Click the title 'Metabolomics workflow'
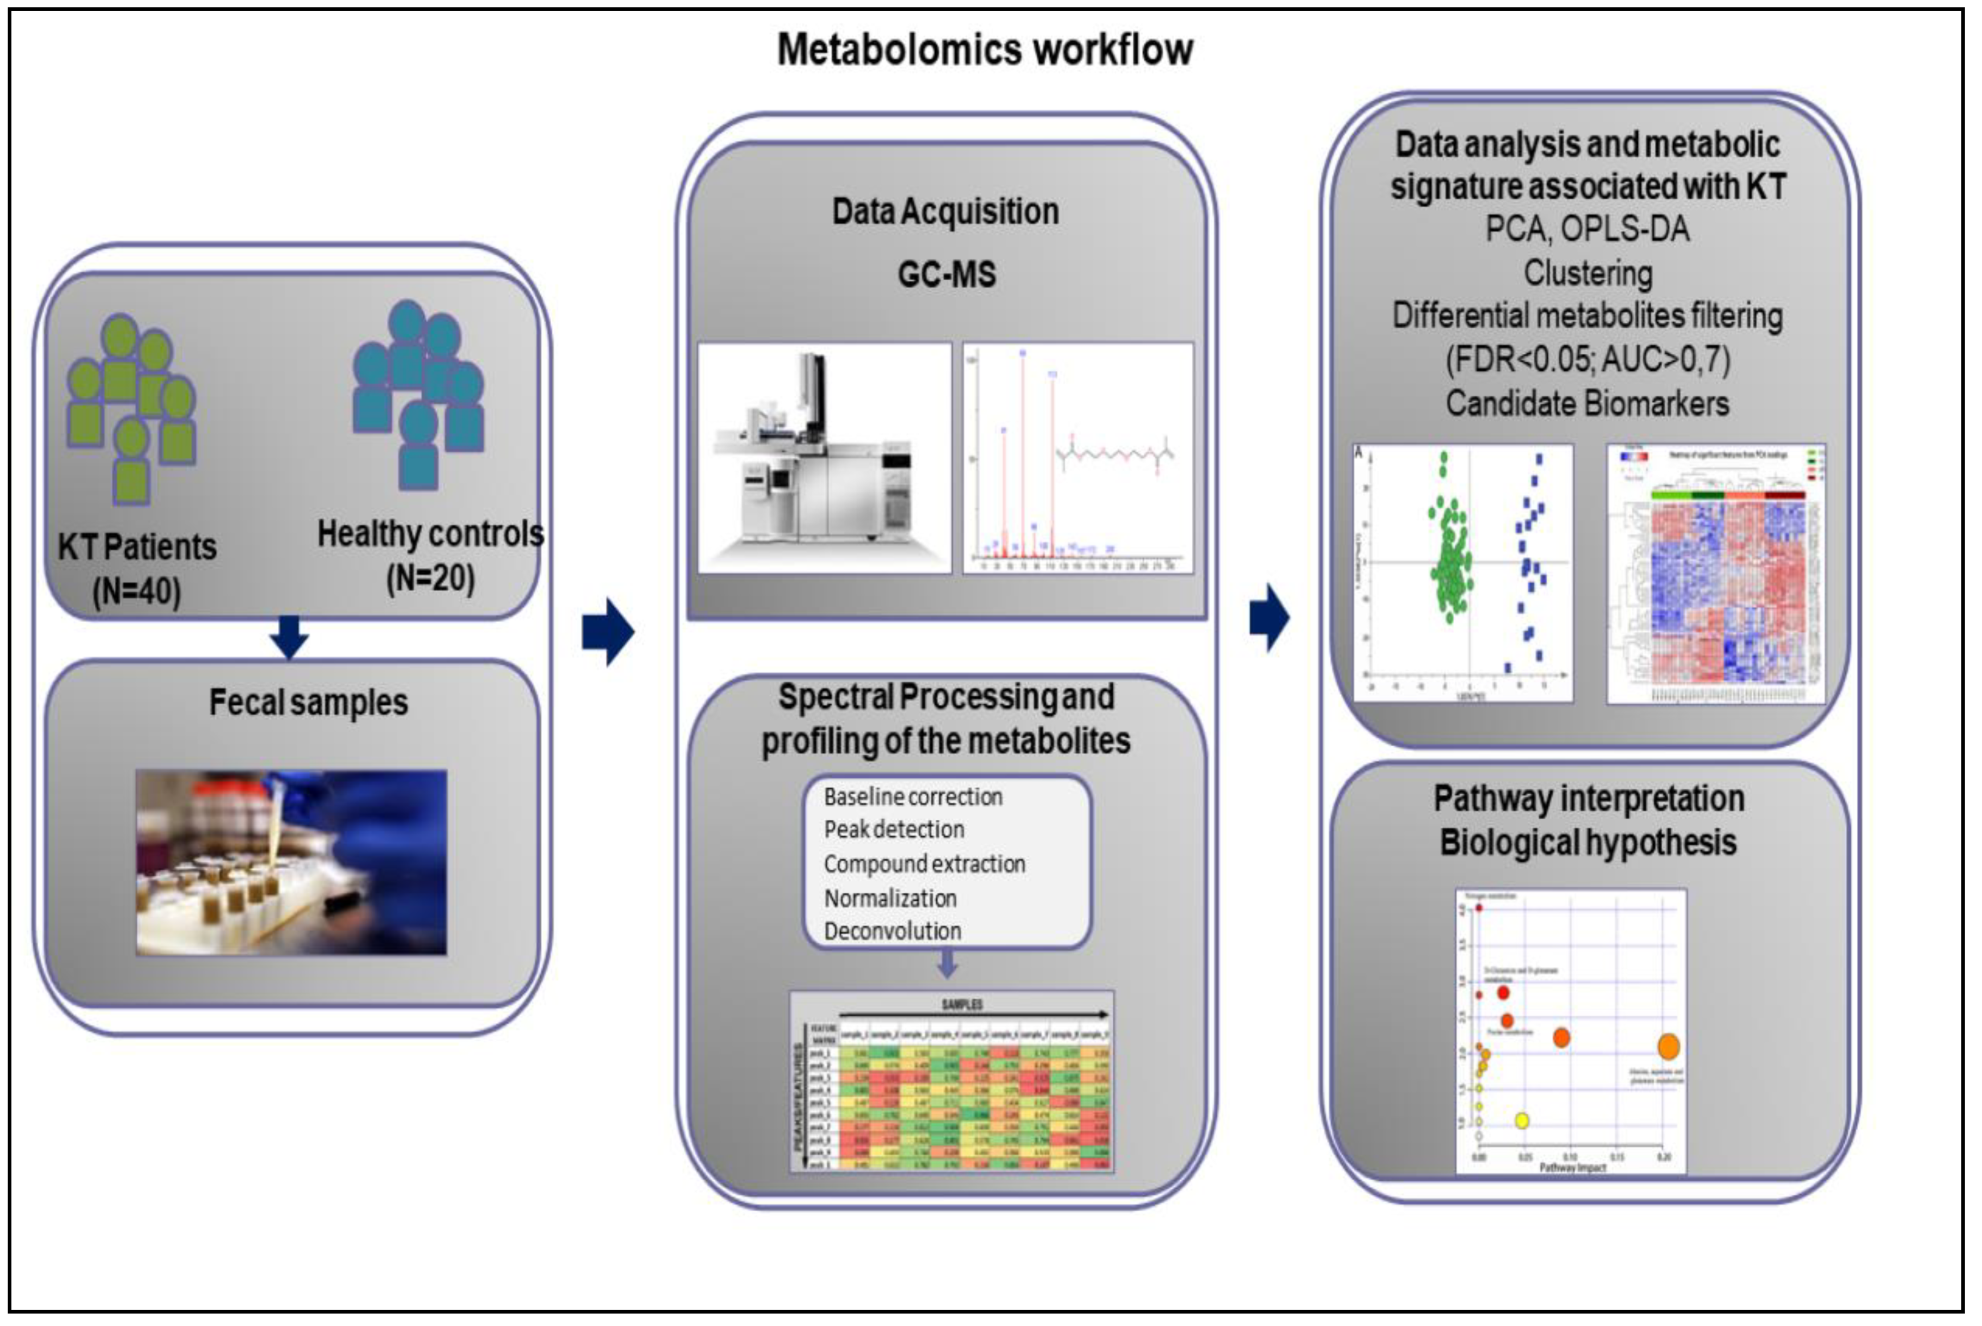[x=985, y=49]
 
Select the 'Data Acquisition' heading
[x=945, y=211]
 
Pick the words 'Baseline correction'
[x=913, y=796]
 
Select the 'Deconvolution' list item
[x=893, y=931]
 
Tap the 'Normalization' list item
[x=890, y=898]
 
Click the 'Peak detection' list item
[x=894, y=830]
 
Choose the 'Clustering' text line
[x=1587, y=273]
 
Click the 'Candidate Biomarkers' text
[x=1587, y=403]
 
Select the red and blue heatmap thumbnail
[x=1716, y=573]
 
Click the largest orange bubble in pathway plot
[x=1667, y=1047]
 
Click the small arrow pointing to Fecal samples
[x=289, y=637]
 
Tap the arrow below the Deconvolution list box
[x=948, y=964]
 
